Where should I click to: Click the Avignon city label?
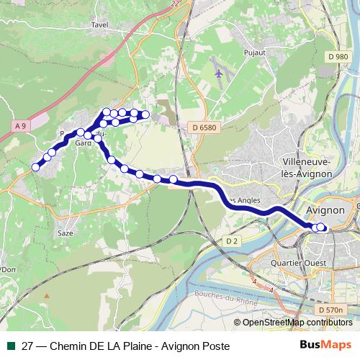coord(326,211)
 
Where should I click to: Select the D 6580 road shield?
coord(204,127)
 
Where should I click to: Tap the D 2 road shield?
coord(231,240)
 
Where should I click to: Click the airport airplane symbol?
coord(220,73)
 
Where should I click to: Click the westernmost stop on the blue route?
coord(35,167)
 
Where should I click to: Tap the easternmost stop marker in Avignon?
coord(321,228)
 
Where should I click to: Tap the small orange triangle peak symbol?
coord(47,295)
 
